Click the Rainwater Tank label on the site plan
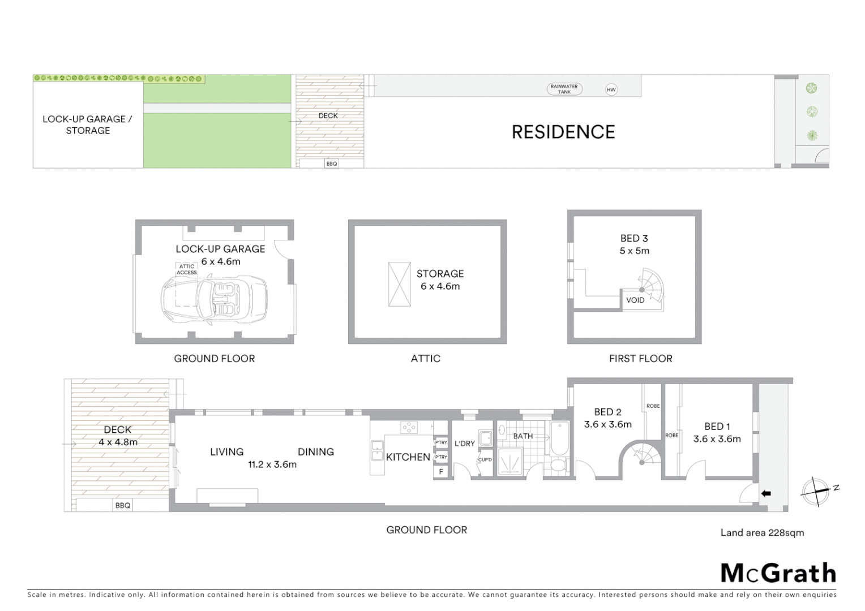click(564, 89)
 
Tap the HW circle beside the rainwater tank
click(611, 89)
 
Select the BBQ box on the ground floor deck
click(123, 505)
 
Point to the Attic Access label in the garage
click(186, 269)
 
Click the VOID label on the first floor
click(635, 300)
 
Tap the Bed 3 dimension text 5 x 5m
click(634, 251)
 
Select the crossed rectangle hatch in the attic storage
click(399, 284)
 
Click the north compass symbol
click(815, 490)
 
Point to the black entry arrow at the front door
click(766, 494)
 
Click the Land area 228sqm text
click(762, 532)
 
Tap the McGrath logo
click(778, 573)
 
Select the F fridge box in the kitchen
click(441, 471)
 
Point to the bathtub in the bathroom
click(560, 439)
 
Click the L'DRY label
click(464, 444)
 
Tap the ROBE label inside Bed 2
click(653, 406)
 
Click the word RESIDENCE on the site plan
click(563, 132)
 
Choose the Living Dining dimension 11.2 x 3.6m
click(272, 464)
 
